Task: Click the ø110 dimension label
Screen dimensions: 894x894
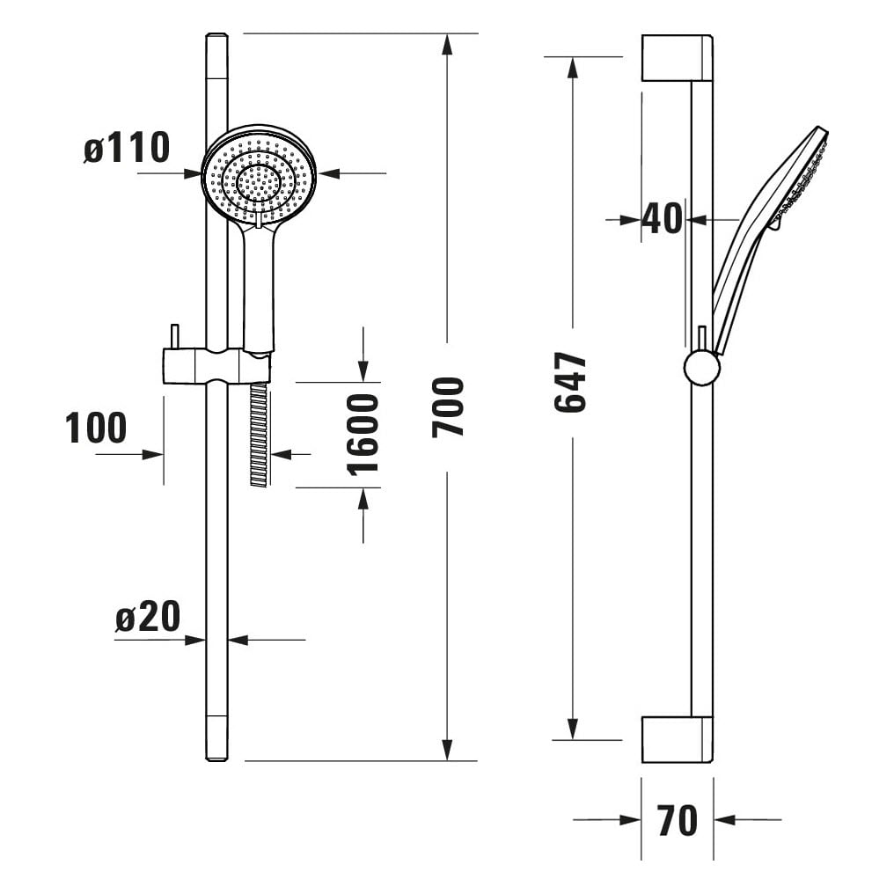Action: (127, 148)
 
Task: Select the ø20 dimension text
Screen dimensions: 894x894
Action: (148, 616)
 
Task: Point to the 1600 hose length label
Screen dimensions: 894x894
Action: (363, 434)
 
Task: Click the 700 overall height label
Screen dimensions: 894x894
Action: (448, 407)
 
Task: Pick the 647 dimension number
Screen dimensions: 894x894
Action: (570, 382)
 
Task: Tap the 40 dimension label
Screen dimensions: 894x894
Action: (662, 218)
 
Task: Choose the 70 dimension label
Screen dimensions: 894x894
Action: (677, 820)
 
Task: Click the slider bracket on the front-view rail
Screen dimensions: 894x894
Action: (216, 365)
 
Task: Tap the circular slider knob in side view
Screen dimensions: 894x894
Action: (702, 368)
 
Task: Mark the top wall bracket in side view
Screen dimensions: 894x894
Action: (678, 57)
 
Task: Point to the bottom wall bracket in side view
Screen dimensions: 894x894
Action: (678, 739)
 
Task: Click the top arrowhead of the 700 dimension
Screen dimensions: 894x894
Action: (448, 45)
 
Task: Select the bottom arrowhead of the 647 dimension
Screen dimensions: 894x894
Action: (573, 729)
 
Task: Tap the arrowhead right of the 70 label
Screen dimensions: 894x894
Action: (724, 820)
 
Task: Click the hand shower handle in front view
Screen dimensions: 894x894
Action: (259, 285)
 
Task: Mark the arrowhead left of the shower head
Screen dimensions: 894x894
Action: (191, 173)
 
